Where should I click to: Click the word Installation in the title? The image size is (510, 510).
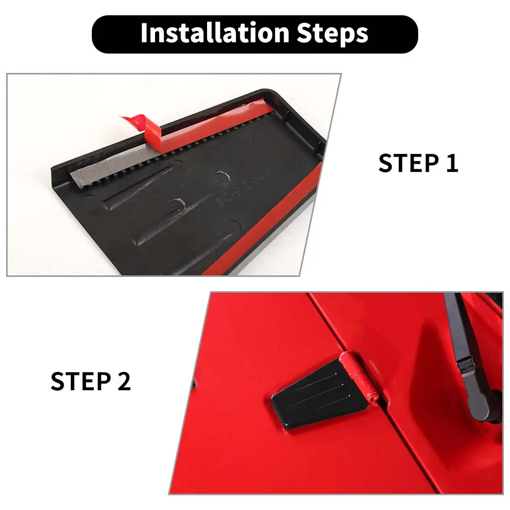pos(215,33)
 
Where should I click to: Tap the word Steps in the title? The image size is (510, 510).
pos(333,34)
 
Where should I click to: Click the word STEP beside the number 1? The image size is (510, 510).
pos(409,163)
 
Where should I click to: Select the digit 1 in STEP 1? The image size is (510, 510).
pos(452,163)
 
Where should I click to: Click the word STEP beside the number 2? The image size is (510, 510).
pos(81,381)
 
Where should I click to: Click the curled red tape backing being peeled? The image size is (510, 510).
pos(143,126)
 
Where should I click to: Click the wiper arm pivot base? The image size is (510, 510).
pos(481,406)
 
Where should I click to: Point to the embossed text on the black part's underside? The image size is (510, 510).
pos(242,189)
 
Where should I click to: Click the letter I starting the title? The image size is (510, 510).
pos(144,33)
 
